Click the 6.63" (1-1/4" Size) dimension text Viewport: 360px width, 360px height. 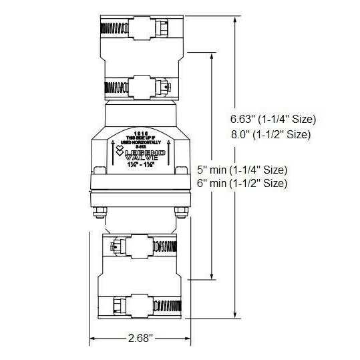269,119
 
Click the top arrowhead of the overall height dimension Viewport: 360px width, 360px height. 235,19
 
